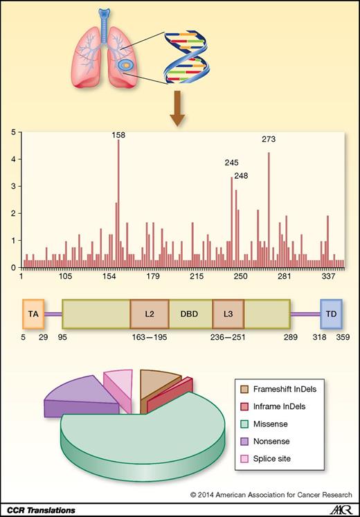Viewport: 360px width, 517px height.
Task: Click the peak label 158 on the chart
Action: pos(118,136)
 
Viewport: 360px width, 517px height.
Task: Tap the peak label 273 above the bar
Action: pos(269,138)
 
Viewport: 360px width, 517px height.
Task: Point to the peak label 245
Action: pos(232,163)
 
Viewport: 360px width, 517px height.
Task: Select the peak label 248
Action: pos(242,175)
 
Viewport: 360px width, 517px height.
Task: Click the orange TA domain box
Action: pos(33,314)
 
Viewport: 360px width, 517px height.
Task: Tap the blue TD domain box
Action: pos(331,314)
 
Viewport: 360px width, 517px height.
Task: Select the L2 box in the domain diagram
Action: pos(150,314)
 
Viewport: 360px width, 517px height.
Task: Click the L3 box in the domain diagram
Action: pos(228,314)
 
